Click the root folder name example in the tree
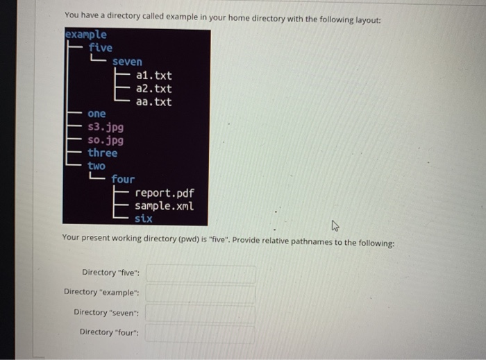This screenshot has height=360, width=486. tap(85, 34)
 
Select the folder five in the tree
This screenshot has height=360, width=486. tap(100, 47)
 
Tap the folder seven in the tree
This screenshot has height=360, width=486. tap(127, 62)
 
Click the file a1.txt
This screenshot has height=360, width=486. tap(154, 76)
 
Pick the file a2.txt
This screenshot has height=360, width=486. tap(154, 89)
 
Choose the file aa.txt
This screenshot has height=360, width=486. tap(154, 102)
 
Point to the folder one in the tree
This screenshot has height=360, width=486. tap(97, 114)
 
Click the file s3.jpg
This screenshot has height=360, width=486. tap(106, 127)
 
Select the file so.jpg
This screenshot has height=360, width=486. tap(106, 140)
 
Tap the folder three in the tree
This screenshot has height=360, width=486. tap(103, 153)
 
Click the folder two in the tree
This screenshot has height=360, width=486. tap(97, 166)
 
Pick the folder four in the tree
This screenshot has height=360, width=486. tap(123, 179)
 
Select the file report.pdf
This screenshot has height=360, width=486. tap(165, 193)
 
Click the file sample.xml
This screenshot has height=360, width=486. tap(165, 206)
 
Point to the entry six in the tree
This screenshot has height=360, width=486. tap(144, 218)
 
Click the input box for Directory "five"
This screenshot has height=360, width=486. tap(200, 273)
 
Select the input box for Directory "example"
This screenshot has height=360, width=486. tap(200, 293)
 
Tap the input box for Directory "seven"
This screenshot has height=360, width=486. tap(200, 313)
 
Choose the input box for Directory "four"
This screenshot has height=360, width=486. tap(200, 333)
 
